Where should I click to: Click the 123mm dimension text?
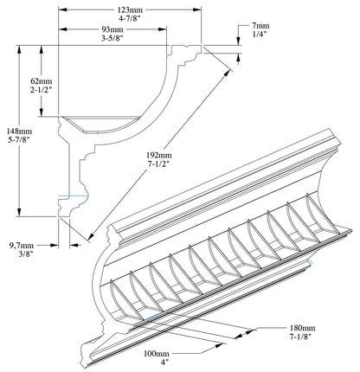click(129, 9)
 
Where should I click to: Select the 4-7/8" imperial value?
click(129, 18)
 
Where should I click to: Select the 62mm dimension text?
click(41, 79)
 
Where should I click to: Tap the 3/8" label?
click(19, 254)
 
